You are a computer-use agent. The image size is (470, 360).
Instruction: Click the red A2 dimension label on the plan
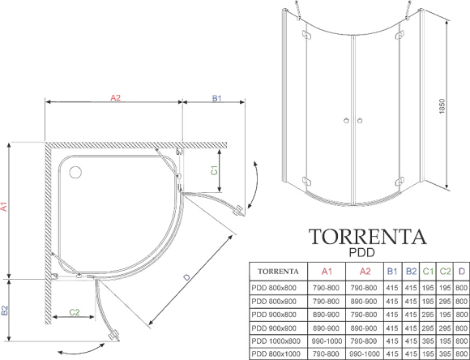115,98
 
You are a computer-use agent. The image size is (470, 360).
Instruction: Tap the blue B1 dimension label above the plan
216,98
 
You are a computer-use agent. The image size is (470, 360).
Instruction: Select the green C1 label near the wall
214,170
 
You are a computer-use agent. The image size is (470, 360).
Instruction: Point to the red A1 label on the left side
4,207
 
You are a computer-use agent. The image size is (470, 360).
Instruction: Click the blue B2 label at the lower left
5,311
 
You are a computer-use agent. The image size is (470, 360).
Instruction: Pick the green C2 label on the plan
75,312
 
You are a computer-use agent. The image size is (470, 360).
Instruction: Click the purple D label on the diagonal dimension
187,277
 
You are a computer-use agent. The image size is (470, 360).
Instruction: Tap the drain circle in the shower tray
75,173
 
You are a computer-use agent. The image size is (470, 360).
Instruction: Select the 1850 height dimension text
442,106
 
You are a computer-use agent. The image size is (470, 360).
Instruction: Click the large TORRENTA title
367,237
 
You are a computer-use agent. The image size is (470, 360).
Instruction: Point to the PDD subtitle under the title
361,253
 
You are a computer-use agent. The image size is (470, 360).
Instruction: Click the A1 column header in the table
327,272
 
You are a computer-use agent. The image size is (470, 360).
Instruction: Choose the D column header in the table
462,272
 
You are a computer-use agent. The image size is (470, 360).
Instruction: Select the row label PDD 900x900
274,328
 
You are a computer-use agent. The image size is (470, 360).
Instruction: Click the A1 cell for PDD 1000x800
327,341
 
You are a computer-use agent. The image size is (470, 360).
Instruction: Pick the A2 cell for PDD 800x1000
365,354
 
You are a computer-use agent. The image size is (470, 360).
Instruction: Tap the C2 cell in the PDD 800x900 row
445,301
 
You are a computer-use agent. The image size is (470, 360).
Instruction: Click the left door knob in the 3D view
346,121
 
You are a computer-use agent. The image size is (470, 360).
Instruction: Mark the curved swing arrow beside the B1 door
254,185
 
